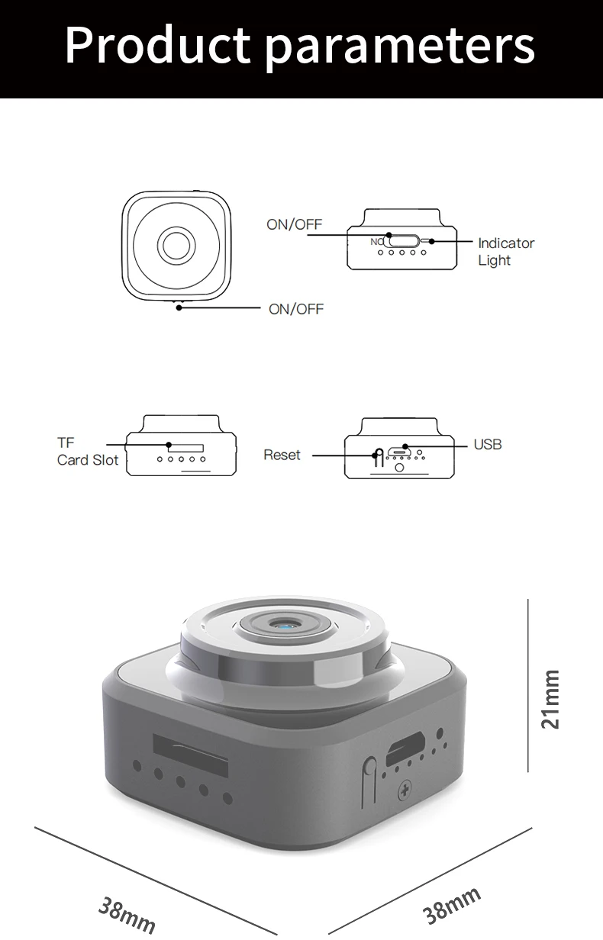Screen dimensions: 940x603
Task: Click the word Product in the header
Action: click(157, 46)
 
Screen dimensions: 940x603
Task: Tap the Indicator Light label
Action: click(505, 252)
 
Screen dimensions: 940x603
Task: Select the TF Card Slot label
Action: click(87, 452)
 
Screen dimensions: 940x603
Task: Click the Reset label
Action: click(282, 456)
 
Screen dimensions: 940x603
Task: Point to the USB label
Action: click(488, 444)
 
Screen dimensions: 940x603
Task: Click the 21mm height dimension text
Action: click(551, 699)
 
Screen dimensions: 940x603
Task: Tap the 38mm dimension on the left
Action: click(127, 913)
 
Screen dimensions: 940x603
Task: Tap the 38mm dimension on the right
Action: click(452, 905)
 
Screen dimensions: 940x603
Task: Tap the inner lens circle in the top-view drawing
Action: click(177, 246)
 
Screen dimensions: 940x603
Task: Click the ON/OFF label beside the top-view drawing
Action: click(296, 309)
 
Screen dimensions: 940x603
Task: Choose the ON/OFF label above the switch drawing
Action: click(294, 224)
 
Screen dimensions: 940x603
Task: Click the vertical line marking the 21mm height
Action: click(528, 685)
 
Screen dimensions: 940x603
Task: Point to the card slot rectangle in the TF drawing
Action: click(185, 446)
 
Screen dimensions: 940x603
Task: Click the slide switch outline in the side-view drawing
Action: click(403, 241)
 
